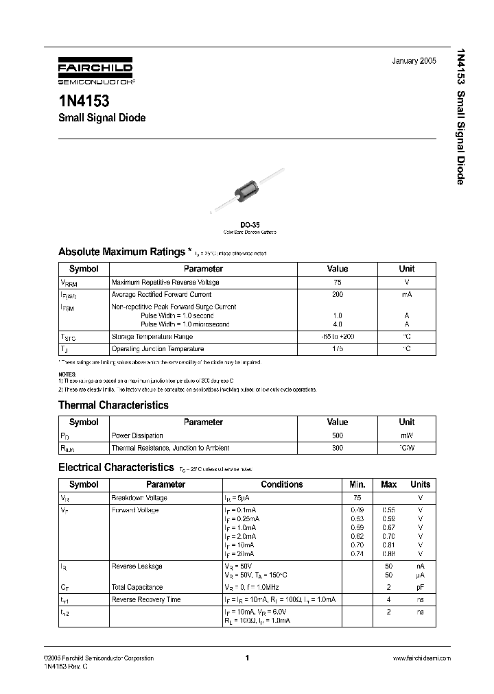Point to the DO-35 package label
[x=249, y=224]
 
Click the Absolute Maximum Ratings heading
[x=121, y=252]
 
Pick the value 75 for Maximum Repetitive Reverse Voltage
[x=338, y=282]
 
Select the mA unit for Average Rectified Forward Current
[x=407, y=294]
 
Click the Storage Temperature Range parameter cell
[x=152, y=337]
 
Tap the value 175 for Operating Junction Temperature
[x=338, y=349]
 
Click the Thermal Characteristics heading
[x=113, y=405]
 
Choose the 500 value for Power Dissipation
[x=338, y=435]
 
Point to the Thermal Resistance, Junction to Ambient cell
[x=170, y=447]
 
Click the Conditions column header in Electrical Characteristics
[x=281, y=484]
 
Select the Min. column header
[x=357, y=484]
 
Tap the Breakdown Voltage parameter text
[x=139, y=498]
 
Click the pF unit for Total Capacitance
[x=420, y=587]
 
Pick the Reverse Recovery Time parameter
[x=145, y=599]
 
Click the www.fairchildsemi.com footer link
[x=421, y=658]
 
